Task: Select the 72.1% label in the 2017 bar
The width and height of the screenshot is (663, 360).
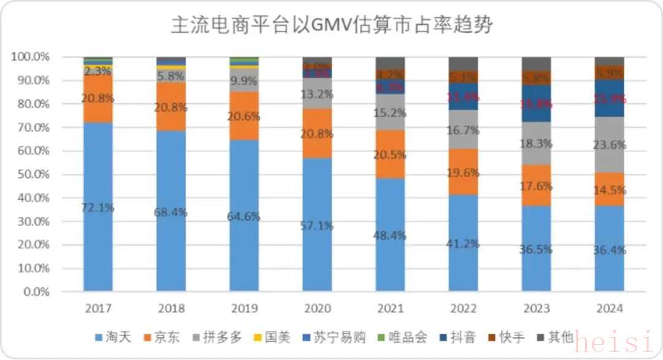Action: [98, 208]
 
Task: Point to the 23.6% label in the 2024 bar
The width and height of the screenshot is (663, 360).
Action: [610, 146]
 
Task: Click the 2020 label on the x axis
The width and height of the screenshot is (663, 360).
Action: [317, 308]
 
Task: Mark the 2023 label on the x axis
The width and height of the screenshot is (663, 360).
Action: [537, 308]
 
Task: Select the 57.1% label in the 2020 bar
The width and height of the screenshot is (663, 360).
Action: [317, 226]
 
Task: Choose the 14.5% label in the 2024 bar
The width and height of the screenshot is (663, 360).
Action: [610, 190]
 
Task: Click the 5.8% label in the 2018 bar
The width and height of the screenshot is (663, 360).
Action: [171, 77]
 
